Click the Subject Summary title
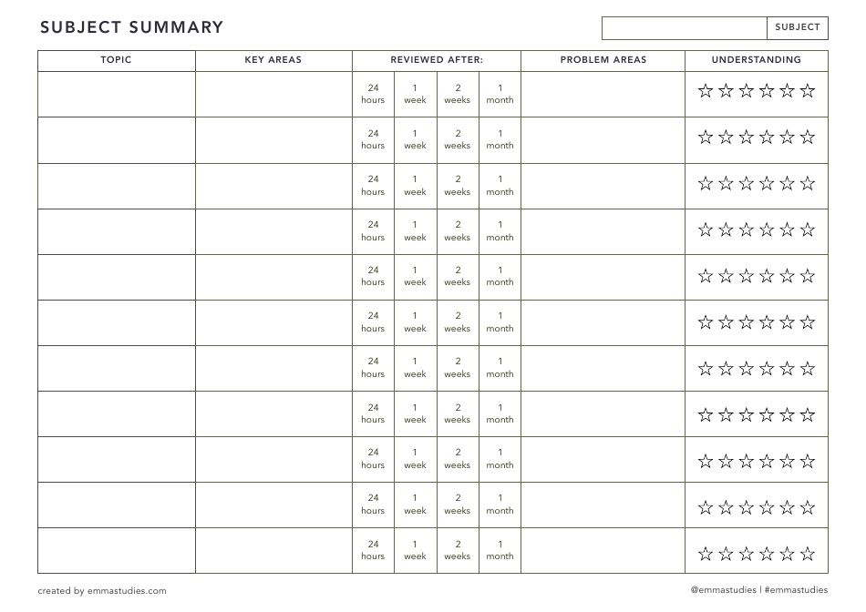[x=131, y=27]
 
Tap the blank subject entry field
[x=684, y=27]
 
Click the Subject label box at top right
[x=798, y=27]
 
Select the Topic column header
[x=116, y=60]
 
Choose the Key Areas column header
[x=273, y=60]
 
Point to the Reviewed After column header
[x=437, y=60]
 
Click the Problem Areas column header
[x=603, y=60]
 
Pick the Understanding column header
[x=756, y=60]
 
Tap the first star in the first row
[x=705, y=90]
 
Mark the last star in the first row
[x=808, y=90]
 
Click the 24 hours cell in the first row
[x=373, y=94]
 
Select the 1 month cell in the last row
[x=500, y=550]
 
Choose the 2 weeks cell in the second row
[x=458, y=139]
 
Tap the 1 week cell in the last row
[x=415, y=550]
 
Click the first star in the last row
[x=705, y=553]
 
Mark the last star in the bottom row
[x=808, y=553]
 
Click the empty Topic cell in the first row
[x=116, y=94]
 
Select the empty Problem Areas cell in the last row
[x=603, y=550]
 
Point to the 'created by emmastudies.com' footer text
[x=102, y=591]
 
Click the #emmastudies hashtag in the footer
[x=797, y=590]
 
